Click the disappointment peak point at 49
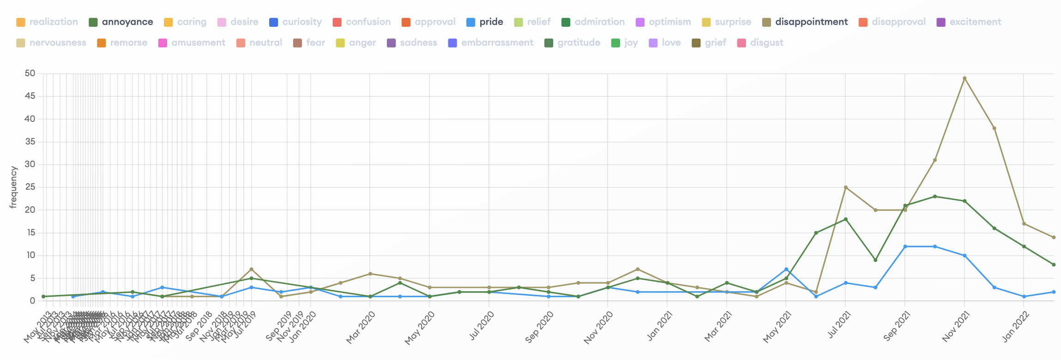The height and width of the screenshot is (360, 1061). click(x=965, y=78)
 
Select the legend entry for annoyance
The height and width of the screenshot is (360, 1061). click(x=121, y=22)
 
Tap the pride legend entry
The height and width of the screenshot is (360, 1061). click(x=485, y=22)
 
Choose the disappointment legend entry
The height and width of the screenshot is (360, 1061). click(x=805, y=22)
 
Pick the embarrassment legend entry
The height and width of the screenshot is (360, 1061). click(x=491, y=43)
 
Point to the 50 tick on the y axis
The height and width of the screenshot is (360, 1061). click(x=30, y=73)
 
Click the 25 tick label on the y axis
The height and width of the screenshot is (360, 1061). click(x=30, y=187)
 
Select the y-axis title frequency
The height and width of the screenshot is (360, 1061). click(x=13, y=187)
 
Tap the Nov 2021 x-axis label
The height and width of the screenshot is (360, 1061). click(x=956, y=326)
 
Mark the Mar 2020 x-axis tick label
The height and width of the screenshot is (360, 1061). click(x=361, y=327)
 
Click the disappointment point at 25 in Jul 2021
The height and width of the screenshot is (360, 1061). click(x=845, y=187)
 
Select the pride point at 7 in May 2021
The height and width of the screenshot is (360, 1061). click(x=786, y=269)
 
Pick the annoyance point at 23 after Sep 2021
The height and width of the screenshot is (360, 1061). click(x=935, y=196)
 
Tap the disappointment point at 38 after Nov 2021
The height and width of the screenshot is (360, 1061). click(x=994, y=128)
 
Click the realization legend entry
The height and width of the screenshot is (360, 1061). click(x=47, y=22)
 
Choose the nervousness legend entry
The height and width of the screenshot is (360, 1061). click(x=51, y=43)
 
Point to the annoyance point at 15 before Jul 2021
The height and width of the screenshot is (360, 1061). click(x=816, y=233)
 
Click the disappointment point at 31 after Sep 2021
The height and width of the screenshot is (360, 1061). click(x=935, y=160)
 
